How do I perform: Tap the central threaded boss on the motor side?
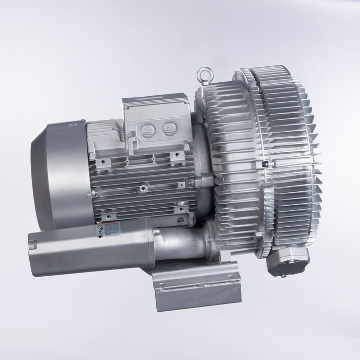[140, 190]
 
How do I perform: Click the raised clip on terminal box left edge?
[133, 135]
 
